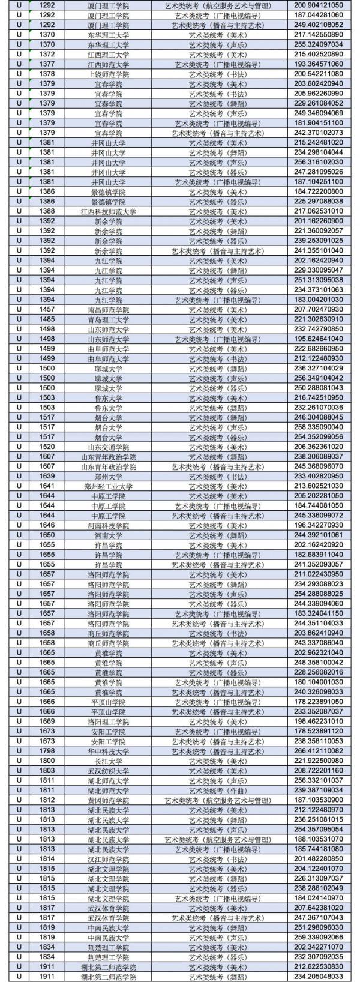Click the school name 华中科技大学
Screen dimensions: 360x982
109,751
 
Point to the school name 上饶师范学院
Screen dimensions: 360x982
109,74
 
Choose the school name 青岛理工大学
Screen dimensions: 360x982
109,319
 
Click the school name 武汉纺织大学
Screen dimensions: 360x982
109,770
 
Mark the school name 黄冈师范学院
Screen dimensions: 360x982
109,800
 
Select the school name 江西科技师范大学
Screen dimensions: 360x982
109,211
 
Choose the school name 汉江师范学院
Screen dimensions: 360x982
109,858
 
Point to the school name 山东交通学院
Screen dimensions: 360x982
109,447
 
